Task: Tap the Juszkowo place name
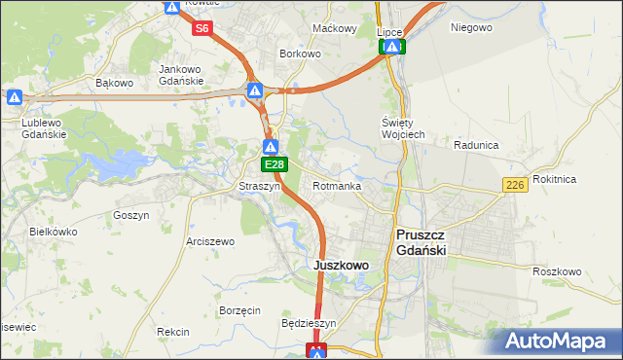pos(340,265)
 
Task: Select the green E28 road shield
pos(275,166)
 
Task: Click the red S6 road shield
pos(202,28)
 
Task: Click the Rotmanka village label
pos(338,185)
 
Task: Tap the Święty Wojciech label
pos(402,128)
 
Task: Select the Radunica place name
pos(476,145)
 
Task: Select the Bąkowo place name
pos(114,83)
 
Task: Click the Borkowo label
pos(300,54)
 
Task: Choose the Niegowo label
pos(471,27)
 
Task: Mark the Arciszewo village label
pos(210,241)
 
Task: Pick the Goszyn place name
pos(130,215)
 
